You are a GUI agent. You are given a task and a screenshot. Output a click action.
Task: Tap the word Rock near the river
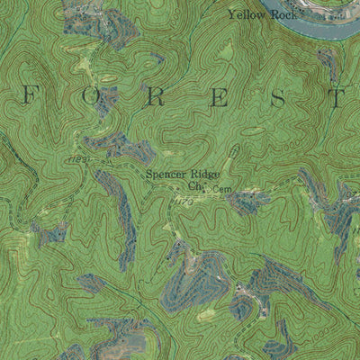pyautogui.click(x=283, y=15)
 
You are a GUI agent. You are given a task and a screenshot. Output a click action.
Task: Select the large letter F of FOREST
pyautogui.click(x=31, y=96)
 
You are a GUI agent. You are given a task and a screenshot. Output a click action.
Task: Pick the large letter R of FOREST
pyautogui.click(x=155, y=98)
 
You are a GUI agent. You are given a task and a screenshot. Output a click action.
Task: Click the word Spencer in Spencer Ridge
pyautogui.click(x=164, y=175)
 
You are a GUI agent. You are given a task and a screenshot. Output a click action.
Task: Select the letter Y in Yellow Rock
pyautogui.click(x=232, y=14)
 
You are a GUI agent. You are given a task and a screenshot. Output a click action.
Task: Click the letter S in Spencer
pyautogui.click(x=148, y=175)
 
